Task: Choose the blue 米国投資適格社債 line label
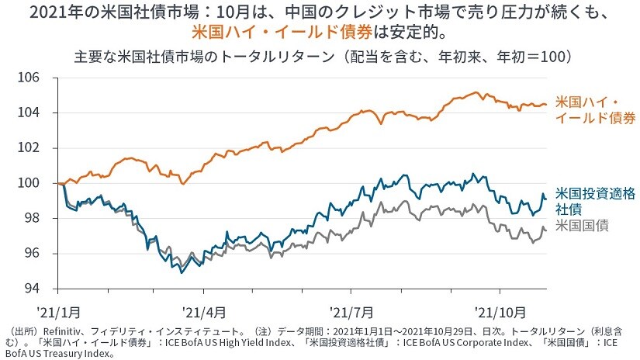click(587, 201)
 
